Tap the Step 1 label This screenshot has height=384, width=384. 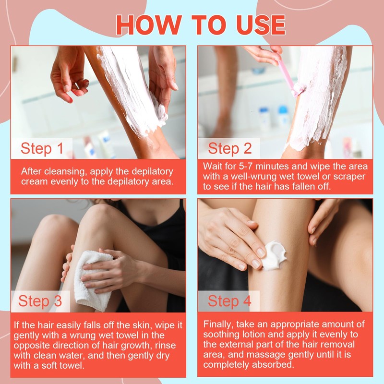[x=42, y=148]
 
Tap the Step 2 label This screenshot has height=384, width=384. [x=230, y=148]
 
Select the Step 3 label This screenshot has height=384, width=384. [x=40, y=301]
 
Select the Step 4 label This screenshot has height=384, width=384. [x=229, y=301]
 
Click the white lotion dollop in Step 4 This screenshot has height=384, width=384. [x=274, y=254]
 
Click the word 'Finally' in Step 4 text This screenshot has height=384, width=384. [x=219, y=324]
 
